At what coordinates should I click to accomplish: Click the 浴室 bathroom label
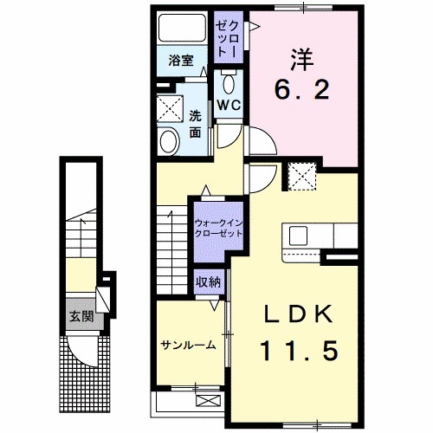181,61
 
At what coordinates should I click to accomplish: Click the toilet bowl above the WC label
229,84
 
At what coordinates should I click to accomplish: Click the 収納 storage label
207,281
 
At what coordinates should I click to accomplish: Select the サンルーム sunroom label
187,345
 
